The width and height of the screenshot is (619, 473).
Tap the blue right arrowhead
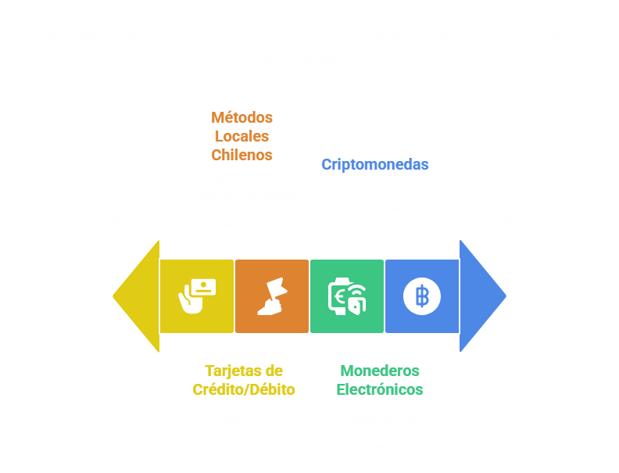click(x=481, y=296)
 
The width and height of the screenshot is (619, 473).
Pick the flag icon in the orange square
click(x=271, y=296)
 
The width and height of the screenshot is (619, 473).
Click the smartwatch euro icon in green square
click(x=346, y=296)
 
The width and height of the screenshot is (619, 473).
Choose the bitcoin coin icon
click(x=422, y=296)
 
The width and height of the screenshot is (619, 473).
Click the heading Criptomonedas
click(x=375, y=165)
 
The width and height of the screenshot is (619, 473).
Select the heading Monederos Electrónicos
click(x=380, y=380)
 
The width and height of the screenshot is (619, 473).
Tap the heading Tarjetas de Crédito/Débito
click(x=244, y=380)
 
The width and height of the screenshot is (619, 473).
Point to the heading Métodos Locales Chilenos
click(x=242, y=136)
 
